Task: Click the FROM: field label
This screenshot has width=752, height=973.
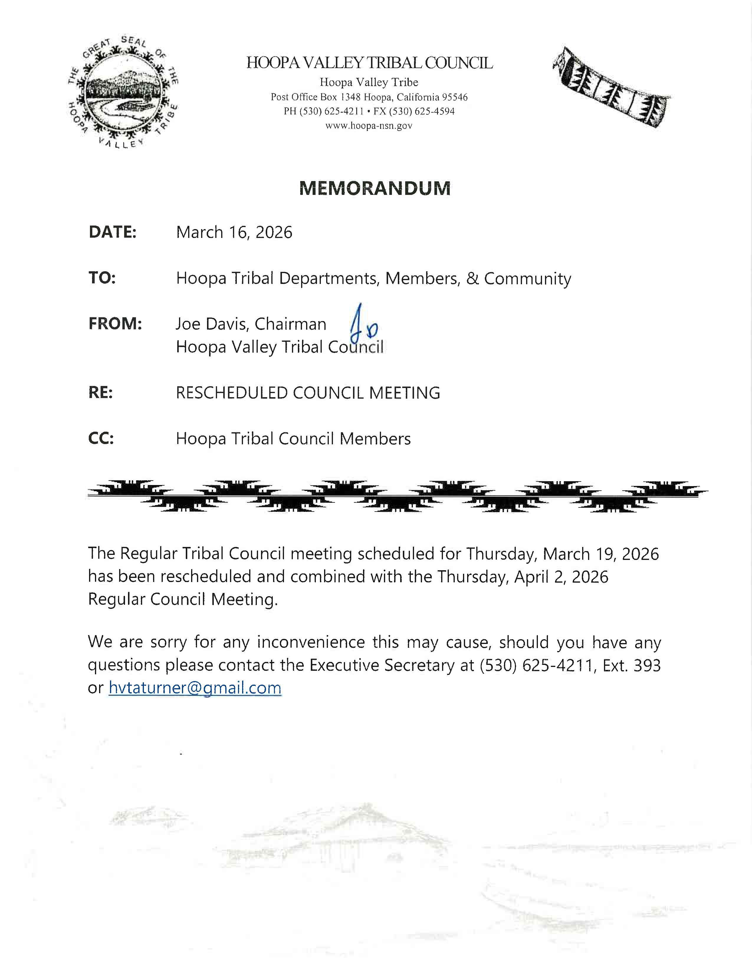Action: pos(115,324)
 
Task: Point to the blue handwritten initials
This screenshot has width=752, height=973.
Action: pos(363,327)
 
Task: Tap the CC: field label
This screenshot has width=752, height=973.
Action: pos(101,439)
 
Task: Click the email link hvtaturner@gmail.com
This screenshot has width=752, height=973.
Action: pos(195,688)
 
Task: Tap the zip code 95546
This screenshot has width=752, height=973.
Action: pos(454,97)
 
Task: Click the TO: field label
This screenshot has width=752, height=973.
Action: pos(102,278)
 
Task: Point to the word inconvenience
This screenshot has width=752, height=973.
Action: pos(311,642)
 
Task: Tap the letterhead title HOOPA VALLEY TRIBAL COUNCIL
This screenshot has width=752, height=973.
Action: pos(370,63)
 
